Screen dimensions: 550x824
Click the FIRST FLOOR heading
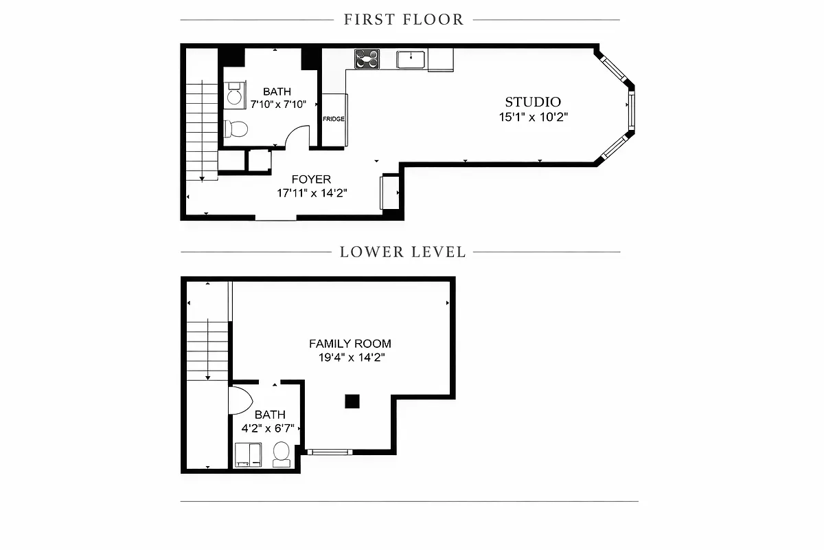pyautogui.click(x=404, y=19)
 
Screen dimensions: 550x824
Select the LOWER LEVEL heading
pyautogui.click(x=403, y=252)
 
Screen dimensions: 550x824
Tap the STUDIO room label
pyautogui.click(x=533, y=102)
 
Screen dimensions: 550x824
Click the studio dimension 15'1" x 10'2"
pyautogui.click(x=533, y=117)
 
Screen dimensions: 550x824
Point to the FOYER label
pyautogui.click(x=311, y=179)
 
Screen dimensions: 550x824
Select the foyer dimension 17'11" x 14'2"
pyautogui.click(x=312, y=193)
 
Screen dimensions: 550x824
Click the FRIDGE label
pyautogui.click(x=334, y=119)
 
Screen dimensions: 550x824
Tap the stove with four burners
pyautogui.click(x=367, y=59)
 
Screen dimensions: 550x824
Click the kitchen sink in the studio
pyautogui.click(x=411, y=60)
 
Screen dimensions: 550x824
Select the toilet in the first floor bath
pyautogui.click(x=236, y=129)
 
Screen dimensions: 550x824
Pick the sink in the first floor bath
pyautogui.click(x=234, y=95)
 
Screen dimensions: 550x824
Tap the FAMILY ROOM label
pyautogui.click(x=350, y=343)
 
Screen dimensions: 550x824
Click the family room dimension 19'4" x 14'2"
pyautogui.click(x=350, y=357)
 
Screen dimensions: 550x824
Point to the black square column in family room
pyautogui.click(x=352, y=401)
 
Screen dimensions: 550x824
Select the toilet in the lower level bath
pyautogui.click(x=281, y=454)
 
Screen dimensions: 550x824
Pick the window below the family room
pyautogui.click(x=329, y=452)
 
